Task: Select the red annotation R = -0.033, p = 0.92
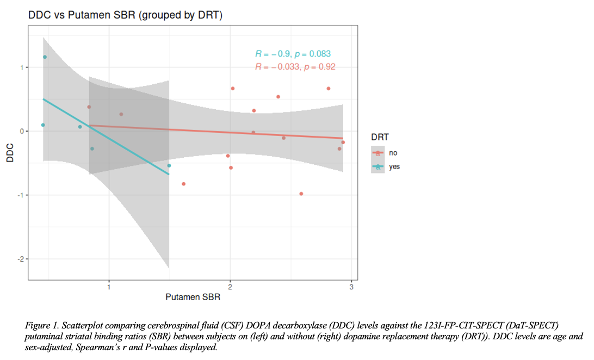pyautogui.click(x=295, y=67)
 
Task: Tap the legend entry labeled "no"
pyautogui.click(x=393, y=153)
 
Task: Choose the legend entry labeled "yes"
pyautogui.click(x=394, y=167)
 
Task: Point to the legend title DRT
pyautogui.click(x=380, y=138)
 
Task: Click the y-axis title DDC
pyautogui.click(x=9, y=153)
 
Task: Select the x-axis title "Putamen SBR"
pyautogui.click(x=193, y=297)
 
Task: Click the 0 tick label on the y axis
pyautogui.click(x=22, y=131)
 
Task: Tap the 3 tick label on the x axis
pyautogui.click(x=351, y=287)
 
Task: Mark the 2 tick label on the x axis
pyautogui.click(x=230, y=287)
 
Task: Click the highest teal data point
pyautogui.click(x=45, y=57)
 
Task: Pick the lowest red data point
pyautogui.click(x=301, y=194)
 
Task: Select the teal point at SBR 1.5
pyautogui.click(x=169, y=165)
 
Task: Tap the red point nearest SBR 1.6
pyautogui.click(x=183, y=184)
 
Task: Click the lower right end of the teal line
pyautogui.click(x=169, y=174)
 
